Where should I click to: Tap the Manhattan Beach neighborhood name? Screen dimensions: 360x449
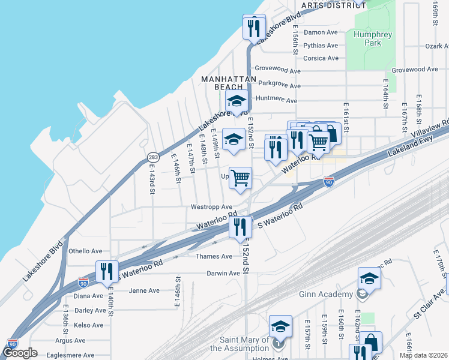[229, 83]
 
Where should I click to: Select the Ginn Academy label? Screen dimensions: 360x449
[326, 294]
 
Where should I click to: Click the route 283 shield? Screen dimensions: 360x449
[153, 157]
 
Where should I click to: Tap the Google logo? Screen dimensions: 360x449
[20, 353]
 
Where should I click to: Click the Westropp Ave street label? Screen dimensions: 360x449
[211, 207]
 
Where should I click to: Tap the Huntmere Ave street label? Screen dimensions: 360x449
[276, 100]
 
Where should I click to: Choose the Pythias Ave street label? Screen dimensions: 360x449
[321, 45]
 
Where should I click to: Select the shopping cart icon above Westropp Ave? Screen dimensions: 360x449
[240, 176]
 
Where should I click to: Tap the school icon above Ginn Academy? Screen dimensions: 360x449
[369, 277]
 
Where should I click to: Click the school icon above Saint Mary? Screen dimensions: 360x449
[280, 325]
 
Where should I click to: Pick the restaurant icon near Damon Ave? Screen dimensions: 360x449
[254, 26]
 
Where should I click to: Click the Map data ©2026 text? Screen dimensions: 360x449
[423, 355]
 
